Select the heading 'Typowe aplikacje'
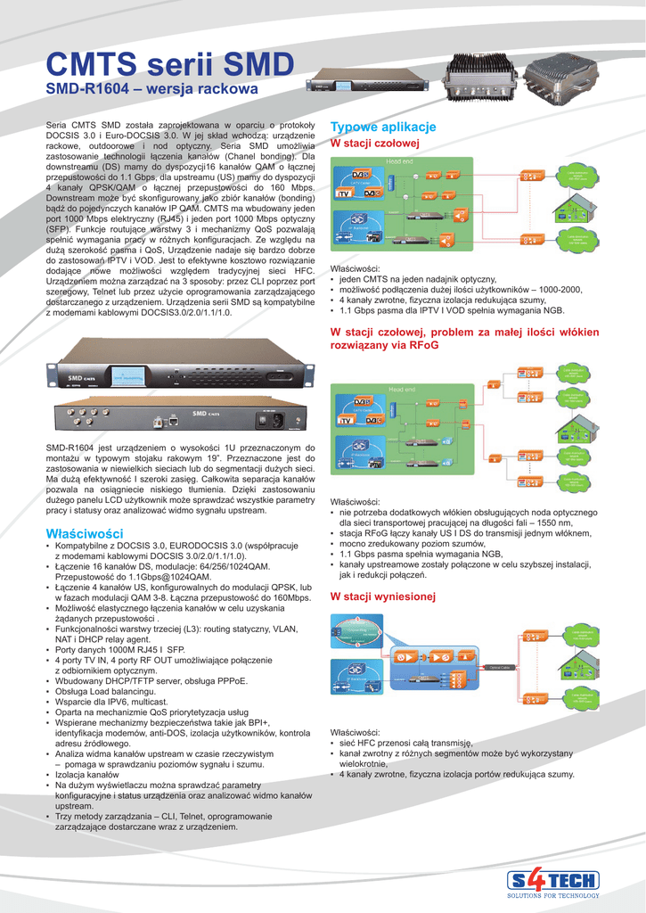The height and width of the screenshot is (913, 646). pyautogui.click(x=382, y=127)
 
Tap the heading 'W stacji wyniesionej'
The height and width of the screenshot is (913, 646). pyautogui.click(x=382, y=596)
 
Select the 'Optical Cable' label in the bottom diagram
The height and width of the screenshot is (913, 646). pyautogui.click(x=498, y=667)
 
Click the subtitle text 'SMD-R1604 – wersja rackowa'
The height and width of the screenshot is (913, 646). pyautogui.click(x=151, y=90)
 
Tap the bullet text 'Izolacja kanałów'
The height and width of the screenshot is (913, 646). pyautogui.click(x=88, y=775)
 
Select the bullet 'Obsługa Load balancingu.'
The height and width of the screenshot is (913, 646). pyautogui.click(x=107, y=691)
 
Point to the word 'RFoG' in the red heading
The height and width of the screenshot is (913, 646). pyautogui.click(x=422, y=344)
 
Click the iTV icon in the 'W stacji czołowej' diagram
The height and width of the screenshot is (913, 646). pyautogui.click(x=343, y=193)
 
